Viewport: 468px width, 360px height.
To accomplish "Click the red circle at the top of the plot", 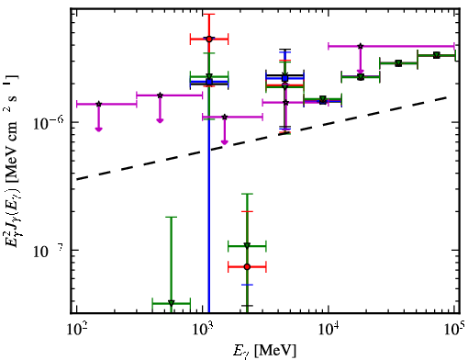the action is [209, 39].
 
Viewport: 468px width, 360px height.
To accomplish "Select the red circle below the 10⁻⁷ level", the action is [247, 267].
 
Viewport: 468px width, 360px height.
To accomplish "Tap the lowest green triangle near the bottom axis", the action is [172, 303].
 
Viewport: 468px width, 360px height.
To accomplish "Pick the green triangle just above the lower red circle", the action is [247, 246].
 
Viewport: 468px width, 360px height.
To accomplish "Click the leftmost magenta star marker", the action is [98, 104].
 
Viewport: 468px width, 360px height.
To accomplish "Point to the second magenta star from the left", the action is [160, 96].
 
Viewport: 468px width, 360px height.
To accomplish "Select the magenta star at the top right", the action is [361, 46].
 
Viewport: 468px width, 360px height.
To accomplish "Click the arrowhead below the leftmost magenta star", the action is [98, 129].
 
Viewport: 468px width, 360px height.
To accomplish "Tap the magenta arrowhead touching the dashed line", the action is [225, 142].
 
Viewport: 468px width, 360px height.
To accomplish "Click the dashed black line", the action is [262, 138].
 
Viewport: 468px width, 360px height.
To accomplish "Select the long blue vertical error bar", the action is [209, 197].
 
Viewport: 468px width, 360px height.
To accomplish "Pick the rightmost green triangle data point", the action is [437, 55].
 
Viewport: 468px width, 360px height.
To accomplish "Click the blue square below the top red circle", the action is [209, 82].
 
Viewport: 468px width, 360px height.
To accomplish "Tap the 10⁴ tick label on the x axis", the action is [329, 329].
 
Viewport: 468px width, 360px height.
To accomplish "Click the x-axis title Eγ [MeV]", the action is [264, 351].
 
